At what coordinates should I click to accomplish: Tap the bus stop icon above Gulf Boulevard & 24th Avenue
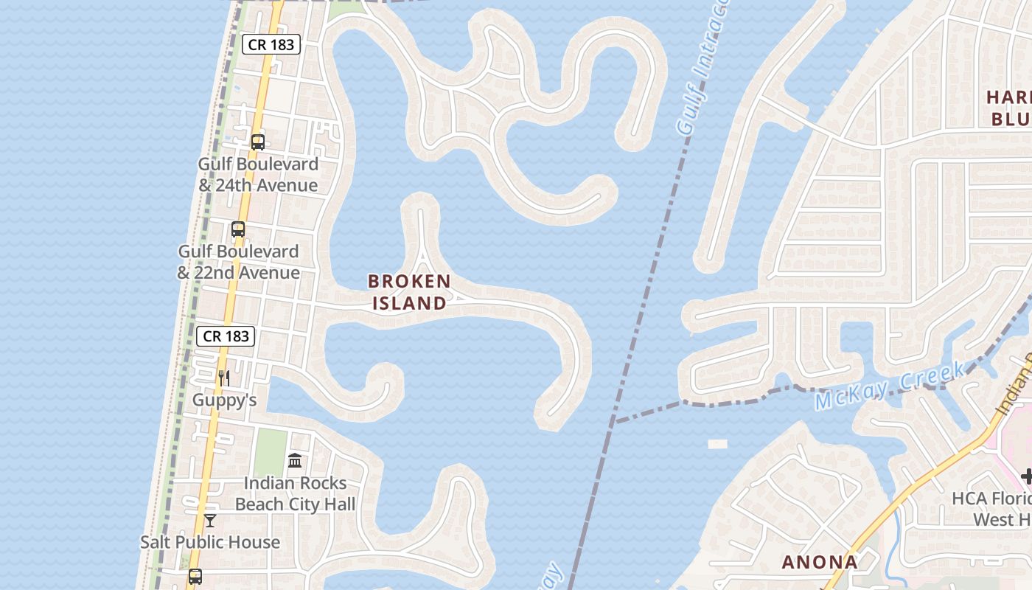[x=257, y=142]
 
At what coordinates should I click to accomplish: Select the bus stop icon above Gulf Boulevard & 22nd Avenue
[x=237, y=229]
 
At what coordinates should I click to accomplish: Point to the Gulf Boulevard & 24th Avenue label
[x=258, y=175]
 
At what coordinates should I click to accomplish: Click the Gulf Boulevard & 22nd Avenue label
[x=238, y=262]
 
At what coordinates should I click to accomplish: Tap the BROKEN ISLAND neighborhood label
[x=409, y=292]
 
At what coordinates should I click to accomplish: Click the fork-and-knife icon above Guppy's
[x=224, y=378]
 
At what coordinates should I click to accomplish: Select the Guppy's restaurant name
[x=224, y=400]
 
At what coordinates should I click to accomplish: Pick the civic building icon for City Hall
[x=295, y=461]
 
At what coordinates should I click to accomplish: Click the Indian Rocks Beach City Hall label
[x=295, y=494]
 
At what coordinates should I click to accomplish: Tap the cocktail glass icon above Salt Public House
[x=210, y=521]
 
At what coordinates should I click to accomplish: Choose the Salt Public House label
[x=210, y=542]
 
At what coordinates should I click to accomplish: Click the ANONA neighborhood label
[x=819, y=562]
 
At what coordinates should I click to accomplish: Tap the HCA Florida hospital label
[x=991, y=509]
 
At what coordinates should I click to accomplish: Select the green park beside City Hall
[x=271, y=452]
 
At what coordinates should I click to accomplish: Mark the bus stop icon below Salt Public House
[x=195, y=577]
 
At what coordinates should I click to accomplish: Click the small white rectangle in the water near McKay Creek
[x=717, y=444]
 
